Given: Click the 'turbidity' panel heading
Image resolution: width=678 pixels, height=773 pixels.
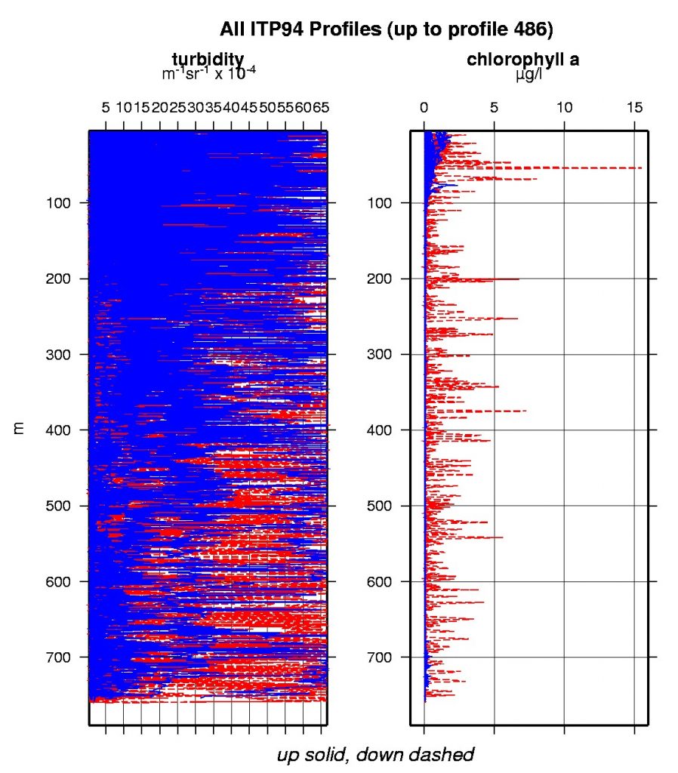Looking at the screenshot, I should coord(208,60).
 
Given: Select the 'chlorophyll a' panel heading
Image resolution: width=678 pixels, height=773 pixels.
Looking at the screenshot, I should coord(529,60).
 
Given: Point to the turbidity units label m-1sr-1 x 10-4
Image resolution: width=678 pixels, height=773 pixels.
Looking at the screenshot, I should coord(209,73).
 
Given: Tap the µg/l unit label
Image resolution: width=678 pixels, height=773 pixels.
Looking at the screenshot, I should coord(529,74).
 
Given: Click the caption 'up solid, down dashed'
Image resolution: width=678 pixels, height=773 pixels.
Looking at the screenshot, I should coord(375,754).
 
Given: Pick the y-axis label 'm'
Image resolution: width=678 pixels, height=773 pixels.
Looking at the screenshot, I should coord(20,429).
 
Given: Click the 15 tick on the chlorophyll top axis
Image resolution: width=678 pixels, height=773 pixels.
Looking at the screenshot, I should coord(634,108).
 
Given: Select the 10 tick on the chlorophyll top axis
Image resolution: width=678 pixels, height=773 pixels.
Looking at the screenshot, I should coord(564,108).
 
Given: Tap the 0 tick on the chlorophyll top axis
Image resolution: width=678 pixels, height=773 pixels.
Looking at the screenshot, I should coord(424,108).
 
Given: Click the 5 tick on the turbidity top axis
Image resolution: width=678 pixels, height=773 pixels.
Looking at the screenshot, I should coord(106,108).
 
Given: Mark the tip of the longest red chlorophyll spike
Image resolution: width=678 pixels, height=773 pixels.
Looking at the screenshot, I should coord(642,168).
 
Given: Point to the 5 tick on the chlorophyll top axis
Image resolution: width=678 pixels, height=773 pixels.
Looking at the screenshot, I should coord(494,108).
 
